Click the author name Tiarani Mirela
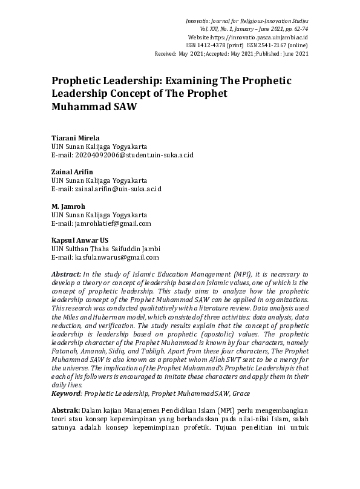tap(74, 137)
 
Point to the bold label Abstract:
tap(66, 274)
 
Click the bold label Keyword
tap(66, 393)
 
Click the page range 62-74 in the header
tap(298, 29)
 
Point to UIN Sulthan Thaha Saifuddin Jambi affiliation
tap(106, 249)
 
